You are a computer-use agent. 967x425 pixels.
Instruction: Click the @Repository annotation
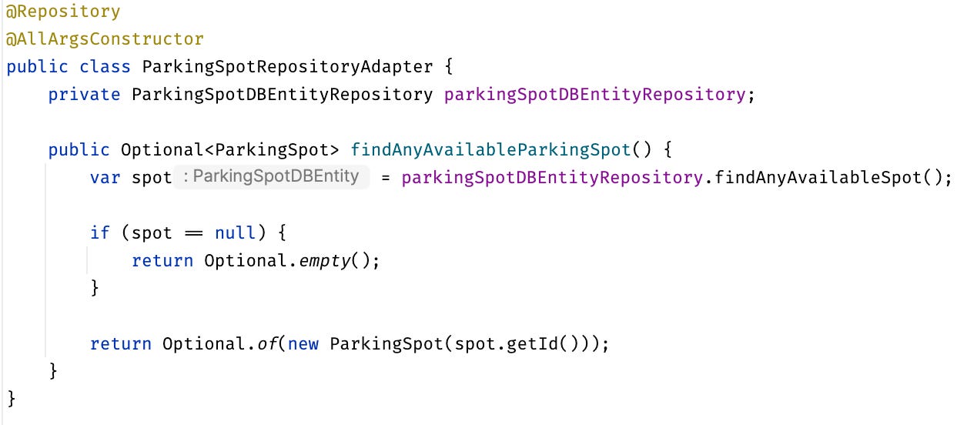(63, 12)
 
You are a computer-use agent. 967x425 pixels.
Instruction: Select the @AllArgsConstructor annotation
(105, 38)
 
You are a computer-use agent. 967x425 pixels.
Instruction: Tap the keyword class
(105, 66)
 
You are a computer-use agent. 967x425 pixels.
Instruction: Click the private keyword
(84, 94)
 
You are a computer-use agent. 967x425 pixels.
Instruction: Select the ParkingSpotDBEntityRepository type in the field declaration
(283, 94)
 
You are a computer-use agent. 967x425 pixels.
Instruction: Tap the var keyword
(105, 177)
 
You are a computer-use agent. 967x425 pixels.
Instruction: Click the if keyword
(99, 233)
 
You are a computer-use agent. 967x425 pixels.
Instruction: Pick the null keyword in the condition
(235, 233)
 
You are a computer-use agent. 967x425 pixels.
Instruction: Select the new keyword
(303, 343)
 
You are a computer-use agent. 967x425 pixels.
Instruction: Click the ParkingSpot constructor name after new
(386, 343)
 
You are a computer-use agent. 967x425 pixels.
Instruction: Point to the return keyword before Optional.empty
(162, 260)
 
